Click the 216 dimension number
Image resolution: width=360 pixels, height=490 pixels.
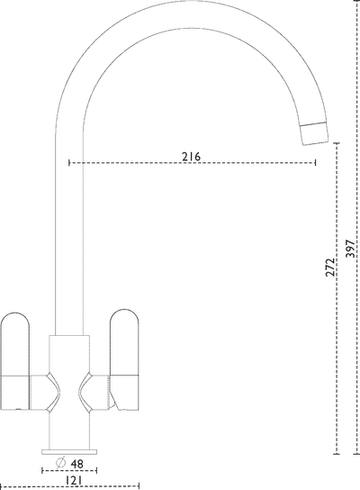[x=191, y=157]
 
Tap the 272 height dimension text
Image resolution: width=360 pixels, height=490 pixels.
[x=331, y=268]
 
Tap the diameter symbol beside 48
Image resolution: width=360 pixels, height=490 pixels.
[x=59, y=463]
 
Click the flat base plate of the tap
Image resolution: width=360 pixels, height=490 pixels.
[x=69, y=448]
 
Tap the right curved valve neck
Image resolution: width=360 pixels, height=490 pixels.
[x=89, y=389]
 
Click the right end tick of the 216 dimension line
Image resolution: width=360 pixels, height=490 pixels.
[x=316, y=163]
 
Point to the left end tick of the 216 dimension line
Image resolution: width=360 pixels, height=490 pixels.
[x=69, y=163]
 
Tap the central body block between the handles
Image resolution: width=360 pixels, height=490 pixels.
[x=69, y=351]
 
